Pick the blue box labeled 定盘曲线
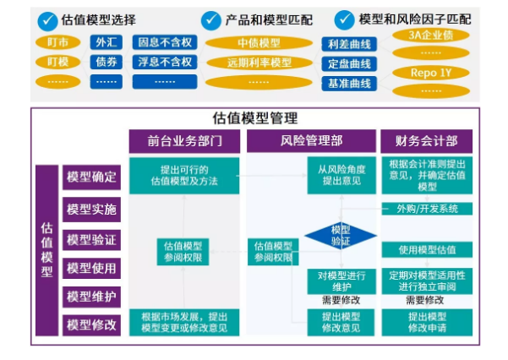click(348, 63)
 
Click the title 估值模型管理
click(254, 118)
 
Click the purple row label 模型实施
click(91, 209)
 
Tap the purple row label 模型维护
click(91, 297)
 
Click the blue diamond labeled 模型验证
click(340, 236)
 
